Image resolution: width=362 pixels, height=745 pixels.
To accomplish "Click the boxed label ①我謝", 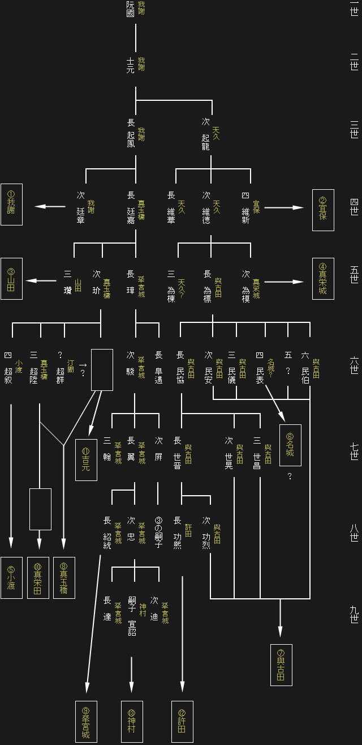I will (11, 205).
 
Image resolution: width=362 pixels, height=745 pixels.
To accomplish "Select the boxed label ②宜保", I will (323, 210).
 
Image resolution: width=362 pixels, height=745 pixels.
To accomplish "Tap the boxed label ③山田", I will (11, 279).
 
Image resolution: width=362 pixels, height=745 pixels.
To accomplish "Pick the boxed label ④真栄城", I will (323, 279).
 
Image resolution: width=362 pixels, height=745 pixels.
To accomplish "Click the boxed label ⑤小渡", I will (11, 578).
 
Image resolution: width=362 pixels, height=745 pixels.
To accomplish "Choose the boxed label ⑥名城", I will (290, 445).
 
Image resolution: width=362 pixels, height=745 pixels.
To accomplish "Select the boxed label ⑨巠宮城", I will (86, 722).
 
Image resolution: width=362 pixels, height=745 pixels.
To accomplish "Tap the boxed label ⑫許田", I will (182, 722).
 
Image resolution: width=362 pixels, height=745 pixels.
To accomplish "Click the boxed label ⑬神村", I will (132, 722).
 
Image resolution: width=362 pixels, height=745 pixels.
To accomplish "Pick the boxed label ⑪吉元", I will (86, 459).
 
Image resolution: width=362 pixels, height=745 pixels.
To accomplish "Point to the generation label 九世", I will (354, 614).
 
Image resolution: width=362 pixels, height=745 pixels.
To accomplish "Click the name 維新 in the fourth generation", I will (245, 216).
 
